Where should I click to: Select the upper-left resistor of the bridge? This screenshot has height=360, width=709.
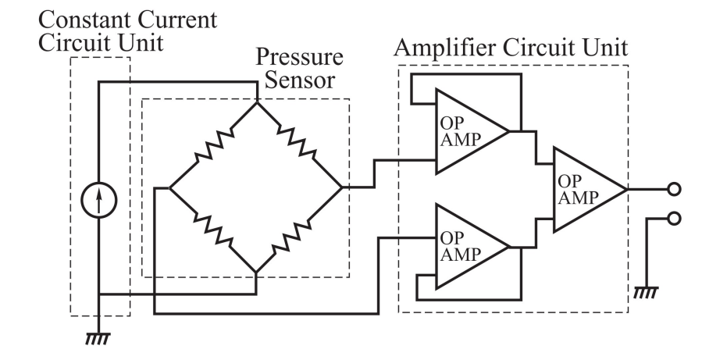(x=213, y=145)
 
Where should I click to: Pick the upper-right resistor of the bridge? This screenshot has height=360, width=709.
(x=299, y=145)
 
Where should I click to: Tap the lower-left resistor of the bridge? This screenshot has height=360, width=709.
(x=213, y=231)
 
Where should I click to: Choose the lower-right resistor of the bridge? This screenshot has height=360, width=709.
(x=299, y=231)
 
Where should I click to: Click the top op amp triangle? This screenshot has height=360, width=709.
(x=466, y=131)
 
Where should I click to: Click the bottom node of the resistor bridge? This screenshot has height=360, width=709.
(x=257, y=274)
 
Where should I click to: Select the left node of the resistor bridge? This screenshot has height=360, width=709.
(x=170, y=188)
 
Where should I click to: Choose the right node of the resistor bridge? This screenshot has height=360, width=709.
(x=342, y=188)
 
